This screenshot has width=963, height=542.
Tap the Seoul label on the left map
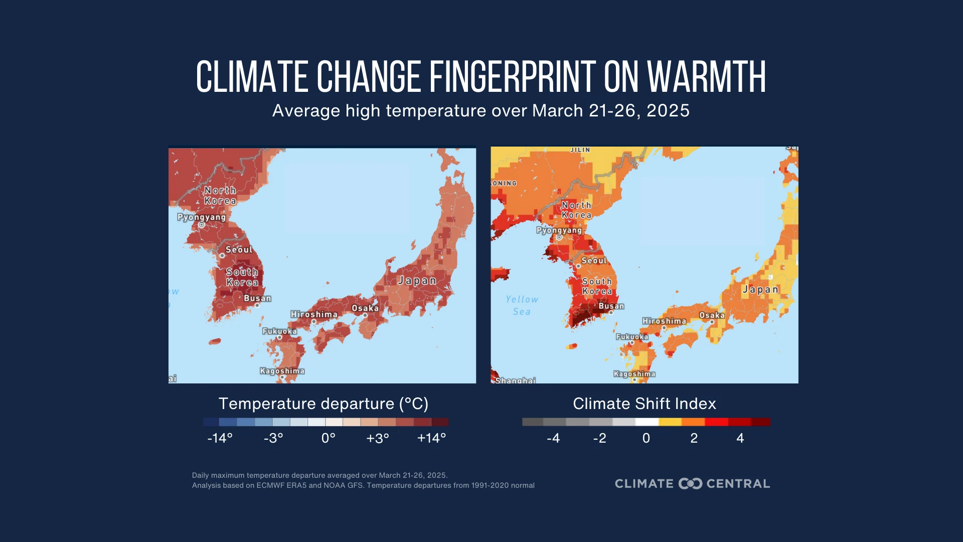click(239, 250)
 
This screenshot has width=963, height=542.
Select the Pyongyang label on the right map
click(559, 230)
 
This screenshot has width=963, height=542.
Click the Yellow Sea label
click(522, 305)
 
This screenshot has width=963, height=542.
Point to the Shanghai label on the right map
click(515, 380)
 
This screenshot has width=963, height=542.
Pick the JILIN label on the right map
click(580, 150)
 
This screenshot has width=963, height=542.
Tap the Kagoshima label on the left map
click(282, 371)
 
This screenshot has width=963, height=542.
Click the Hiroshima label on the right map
click(664, 321)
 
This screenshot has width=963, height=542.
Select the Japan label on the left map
click(417, 281)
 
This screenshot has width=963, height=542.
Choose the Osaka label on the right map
click(712, 315)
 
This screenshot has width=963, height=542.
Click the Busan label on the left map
click(257, 298)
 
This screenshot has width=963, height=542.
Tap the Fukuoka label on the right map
click(632, 337)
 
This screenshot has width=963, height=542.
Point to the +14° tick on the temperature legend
click(431, 438)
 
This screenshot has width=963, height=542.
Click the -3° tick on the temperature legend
click(273, 438)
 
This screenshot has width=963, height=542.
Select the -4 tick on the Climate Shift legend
click(553, 438)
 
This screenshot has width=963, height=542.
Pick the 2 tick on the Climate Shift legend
click(694, 438)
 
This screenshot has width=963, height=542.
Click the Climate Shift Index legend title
click(644, 403)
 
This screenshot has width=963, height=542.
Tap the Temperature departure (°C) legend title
click(323, 403)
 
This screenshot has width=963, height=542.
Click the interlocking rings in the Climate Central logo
click(690, 484)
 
